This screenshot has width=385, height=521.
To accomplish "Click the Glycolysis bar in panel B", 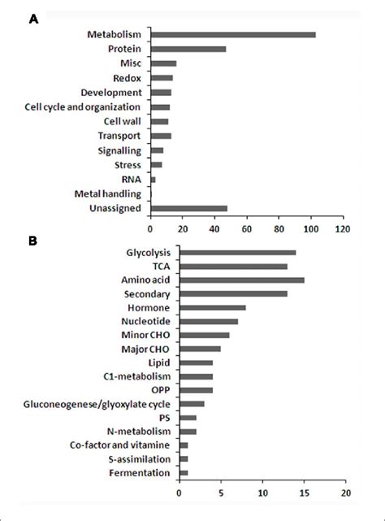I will point(237,253).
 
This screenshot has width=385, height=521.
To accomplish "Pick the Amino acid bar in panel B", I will point(241,280).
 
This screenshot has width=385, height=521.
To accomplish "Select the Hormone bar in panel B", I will point(212,307).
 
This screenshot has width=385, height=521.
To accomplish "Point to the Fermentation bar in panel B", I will point(184,472).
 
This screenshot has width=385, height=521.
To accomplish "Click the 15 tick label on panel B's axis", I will point(304,493).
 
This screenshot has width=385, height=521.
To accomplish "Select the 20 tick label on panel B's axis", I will point(345,493).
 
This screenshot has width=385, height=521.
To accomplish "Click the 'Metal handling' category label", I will point(108,194).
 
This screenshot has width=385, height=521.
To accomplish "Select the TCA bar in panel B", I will point(233,266).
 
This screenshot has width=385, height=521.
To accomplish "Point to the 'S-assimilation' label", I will point(140,458).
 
